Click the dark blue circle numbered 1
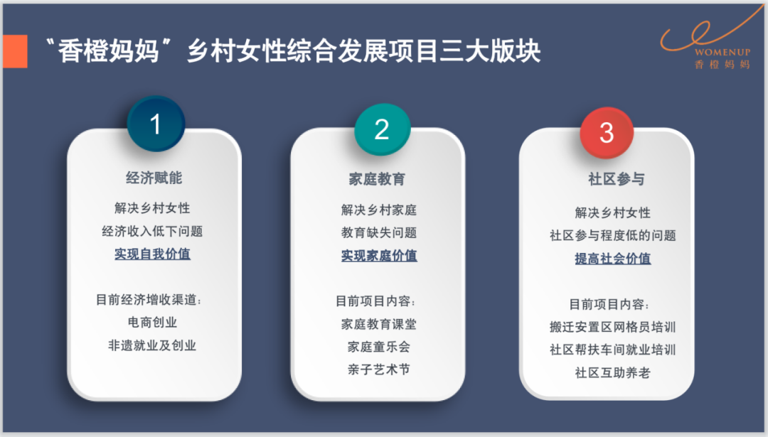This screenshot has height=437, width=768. (156, 124)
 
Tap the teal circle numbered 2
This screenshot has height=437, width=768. (382, 130)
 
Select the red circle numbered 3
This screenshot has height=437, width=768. (607, 133)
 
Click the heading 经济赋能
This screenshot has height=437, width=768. (154, 178)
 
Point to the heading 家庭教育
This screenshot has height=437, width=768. (377, 179)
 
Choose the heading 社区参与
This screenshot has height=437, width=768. (616, 179)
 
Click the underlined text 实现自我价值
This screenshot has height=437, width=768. (152, 254)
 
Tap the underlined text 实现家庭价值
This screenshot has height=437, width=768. (379, 255)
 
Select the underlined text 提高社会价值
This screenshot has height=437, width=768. (613, 259)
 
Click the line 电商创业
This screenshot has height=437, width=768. (152, 323)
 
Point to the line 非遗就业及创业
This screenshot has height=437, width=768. (152, 345)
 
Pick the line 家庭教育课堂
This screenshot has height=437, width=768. (378, 324)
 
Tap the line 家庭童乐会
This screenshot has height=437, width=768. (378, 347)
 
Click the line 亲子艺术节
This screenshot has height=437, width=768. (378, 369)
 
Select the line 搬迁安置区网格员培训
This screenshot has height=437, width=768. (613, 327)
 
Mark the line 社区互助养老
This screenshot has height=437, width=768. (613, 373)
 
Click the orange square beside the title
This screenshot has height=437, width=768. (15, 51)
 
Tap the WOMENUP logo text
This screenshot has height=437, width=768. (722, 52)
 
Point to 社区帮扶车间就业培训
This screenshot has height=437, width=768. (613, 350)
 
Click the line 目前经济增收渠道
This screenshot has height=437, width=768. (149, 299)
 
